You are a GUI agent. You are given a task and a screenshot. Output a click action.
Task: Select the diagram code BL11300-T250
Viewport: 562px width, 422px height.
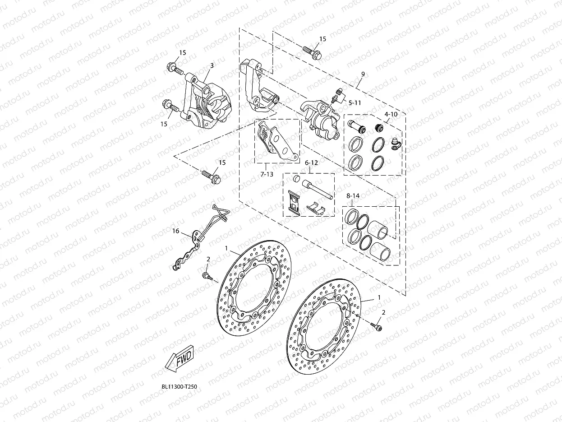click(179, 387)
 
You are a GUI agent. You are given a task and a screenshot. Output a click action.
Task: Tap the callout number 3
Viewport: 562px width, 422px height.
click(212, 65)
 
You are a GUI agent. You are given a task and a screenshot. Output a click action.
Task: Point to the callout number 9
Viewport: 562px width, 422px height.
click(363, 74)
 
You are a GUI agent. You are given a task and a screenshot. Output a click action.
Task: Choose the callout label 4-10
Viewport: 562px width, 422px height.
click(391, 114)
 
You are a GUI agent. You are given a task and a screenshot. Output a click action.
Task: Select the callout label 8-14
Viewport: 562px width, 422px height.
click(353, 196)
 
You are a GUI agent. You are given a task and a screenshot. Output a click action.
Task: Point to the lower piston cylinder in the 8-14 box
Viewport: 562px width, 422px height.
click(379, 251)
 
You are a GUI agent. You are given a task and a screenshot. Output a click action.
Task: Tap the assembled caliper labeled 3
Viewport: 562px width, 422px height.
click(207, 103)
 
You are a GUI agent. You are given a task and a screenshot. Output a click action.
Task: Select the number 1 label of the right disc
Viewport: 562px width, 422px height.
click(379, 297)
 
